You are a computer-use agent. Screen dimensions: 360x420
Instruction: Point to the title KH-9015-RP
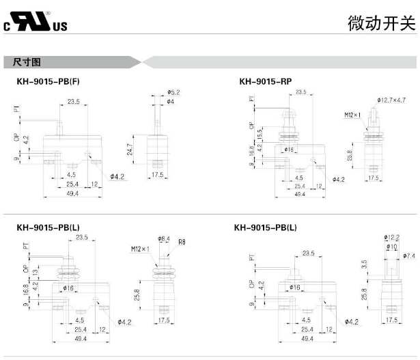266,81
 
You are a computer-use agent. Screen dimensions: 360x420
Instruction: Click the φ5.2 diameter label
173,92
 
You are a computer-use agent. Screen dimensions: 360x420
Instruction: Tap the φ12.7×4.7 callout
391,100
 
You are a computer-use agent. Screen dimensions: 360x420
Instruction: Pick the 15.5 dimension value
260,130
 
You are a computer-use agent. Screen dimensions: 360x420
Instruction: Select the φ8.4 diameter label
163,238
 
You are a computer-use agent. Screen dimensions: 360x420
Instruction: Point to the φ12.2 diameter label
392,237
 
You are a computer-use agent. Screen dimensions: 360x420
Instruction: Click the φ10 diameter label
391,246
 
